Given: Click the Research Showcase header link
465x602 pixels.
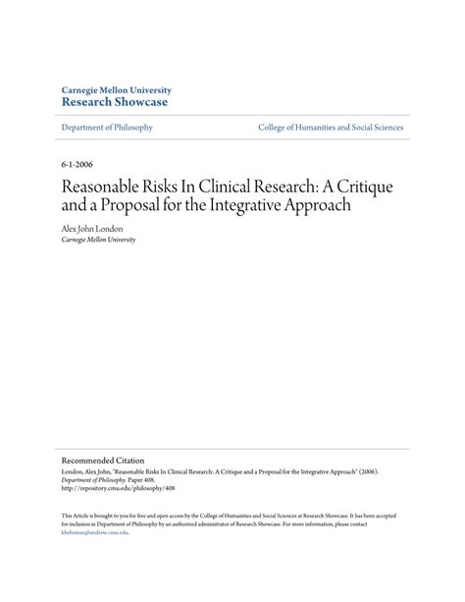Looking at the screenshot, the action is click(114, 102).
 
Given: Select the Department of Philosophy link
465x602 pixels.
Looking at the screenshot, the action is click(107, 128).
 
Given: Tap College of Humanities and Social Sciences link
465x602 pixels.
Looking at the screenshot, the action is click(331, 128).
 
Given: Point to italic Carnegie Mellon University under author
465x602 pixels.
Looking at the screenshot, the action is click(98, 239).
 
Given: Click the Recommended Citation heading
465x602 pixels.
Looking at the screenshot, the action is click(103, 460).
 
